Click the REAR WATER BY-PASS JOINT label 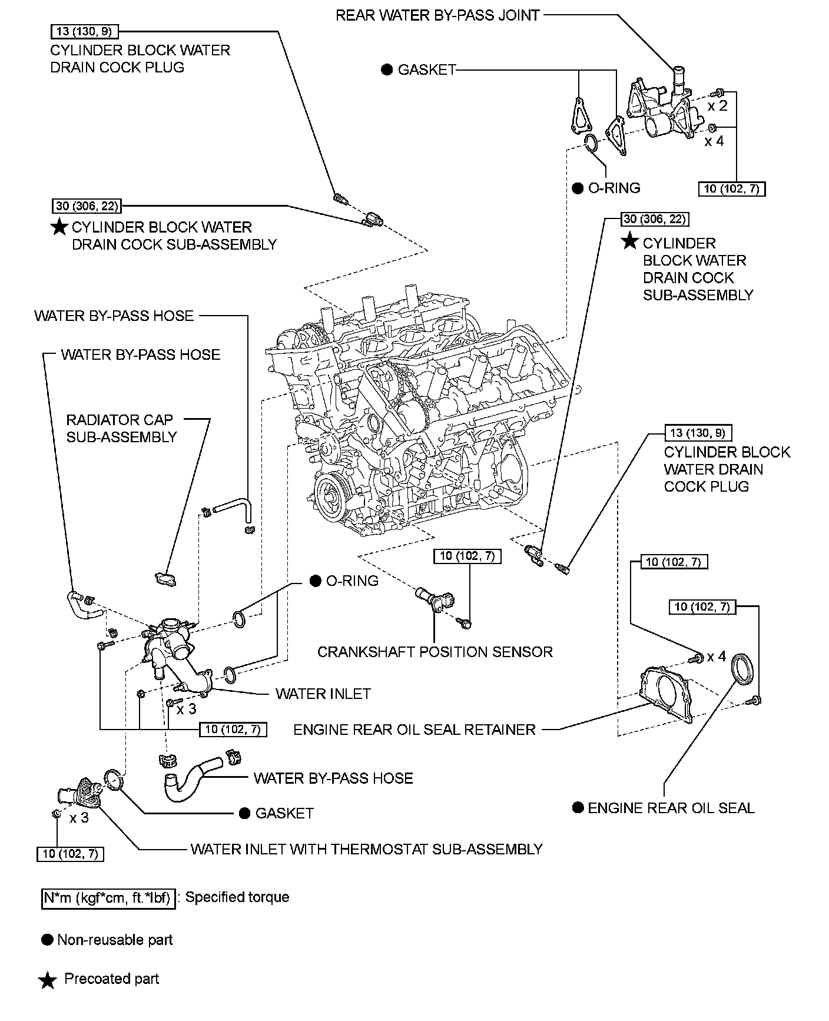(x=437, y=15)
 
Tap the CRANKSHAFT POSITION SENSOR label (x=435, y=652)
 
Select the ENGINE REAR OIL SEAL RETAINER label (x=414, y=730)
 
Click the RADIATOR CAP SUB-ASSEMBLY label (x=121, y=428)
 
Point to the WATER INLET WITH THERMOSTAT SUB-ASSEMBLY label (x=366, y=849)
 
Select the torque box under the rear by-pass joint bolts (x=732, y=189)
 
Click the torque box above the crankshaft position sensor (x=467, y=556)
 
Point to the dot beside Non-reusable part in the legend (x=47, y=940)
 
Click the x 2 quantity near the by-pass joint (x=717, y=106)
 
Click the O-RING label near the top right (x=614, y=188)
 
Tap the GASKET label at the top (x=426, y=70)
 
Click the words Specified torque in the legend (x=237, y=897)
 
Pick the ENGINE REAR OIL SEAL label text (x=671, y=808)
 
